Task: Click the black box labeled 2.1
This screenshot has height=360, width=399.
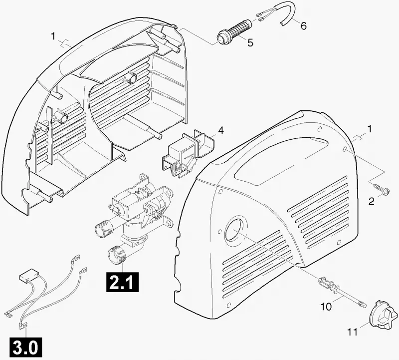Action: click(123, 282)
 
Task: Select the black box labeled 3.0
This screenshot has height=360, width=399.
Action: click(25, 347)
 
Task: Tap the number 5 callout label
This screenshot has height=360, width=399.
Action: click(250, 43)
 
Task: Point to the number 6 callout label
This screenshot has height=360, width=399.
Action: click(303, 26)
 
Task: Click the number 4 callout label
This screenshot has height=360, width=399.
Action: click(220, 130)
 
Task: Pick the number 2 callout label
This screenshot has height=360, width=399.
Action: click(372, 201)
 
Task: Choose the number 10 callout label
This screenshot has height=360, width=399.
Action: click(326, 307)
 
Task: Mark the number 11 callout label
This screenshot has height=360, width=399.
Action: click(352, 332)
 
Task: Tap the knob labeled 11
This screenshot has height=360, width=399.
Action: click(383, 315)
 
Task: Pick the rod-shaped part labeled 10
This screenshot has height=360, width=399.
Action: click(342, 292)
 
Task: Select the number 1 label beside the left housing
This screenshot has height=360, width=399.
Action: click(53, 36)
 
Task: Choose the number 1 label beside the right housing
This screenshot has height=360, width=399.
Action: click(370, 129)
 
